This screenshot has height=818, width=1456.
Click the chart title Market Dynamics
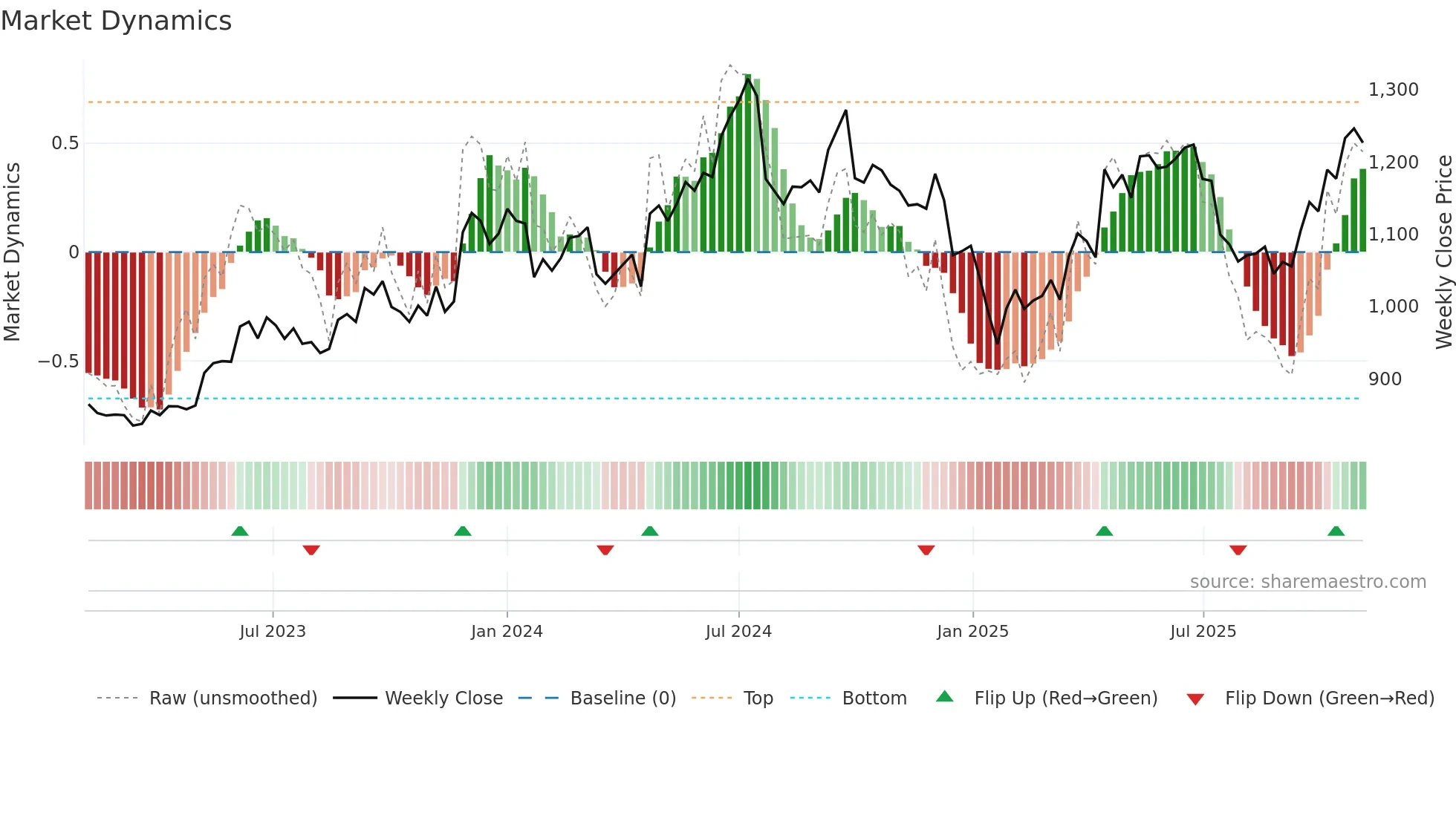(x=116, y=21)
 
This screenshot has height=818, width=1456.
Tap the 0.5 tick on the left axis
(x=65, y=143)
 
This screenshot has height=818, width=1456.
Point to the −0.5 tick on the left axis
(x=59, y=361)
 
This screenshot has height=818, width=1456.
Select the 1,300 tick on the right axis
(x=1394, y=90)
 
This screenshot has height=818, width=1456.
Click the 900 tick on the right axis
(x=1385, y=379)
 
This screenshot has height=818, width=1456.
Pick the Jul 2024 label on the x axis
(x=738, y=632)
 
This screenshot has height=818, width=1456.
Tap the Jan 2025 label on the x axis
(x=972, y=632)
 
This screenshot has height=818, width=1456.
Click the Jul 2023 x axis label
(x=273, y=632)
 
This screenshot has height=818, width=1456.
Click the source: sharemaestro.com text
(x=1307, y=582)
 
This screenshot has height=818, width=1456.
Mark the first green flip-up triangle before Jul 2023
(x=240, y=531)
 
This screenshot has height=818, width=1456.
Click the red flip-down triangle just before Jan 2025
(x=926, y=550)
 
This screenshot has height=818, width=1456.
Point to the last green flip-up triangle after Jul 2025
(x=1336, y=531)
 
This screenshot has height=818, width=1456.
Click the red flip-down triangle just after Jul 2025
(x=1238, y=550)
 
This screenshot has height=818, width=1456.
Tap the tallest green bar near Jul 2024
(x=747, y=163)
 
